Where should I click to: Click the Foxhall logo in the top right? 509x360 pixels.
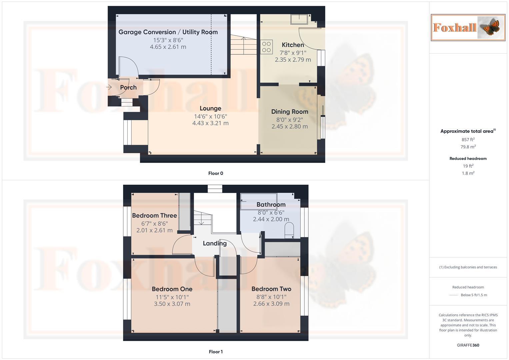(468, 27)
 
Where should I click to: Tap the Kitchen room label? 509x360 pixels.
(293, 45)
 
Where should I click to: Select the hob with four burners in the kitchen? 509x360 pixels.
(266, 47)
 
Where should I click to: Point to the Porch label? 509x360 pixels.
(128, 87)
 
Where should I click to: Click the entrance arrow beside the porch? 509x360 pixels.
(109, 87)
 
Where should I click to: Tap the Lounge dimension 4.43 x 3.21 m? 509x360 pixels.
(210, 123)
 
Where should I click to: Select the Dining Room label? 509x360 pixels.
(289, 112)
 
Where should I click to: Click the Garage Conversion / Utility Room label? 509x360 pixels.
(168, 32)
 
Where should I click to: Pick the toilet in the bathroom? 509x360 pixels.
(289, 230)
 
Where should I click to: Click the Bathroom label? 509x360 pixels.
(271, 205)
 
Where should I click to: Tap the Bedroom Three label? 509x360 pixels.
(154, 216)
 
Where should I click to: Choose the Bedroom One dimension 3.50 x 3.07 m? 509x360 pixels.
(172, 304)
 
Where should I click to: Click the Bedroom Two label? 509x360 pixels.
(271, 289)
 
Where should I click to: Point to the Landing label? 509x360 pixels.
(215, 243)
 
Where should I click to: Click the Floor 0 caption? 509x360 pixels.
(216, 173)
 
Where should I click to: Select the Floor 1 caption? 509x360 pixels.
(216, 352)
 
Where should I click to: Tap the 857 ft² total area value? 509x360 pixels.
(468, 140)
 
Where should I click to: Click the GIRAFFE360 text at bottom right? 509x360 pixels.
(468, 345)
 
